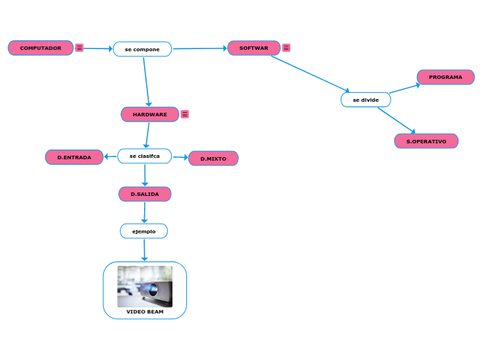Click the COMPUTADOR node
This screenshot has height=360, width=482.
click(40, 48)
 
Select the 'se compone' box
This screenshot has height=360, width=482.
click(142, 49)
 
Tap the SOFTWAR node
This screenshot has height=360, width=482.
click(253, 48)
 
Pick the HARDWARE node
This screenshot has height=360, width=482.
click(150, 114)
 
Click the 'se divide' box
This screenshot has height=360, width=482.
click(366, 100)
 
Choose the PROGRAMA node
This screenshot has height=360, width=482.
click(445, 77)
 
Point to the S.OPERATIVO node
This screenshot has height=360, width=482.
click(426, 141)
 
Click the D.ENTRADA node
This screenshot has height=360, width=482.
click(74, 157)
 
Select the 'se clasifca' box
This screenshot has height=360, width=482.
click(145, 156)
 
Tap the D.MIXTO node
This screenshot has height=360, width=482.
click(213, 159)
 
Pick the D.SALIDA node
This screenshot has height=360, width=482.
click(145, 194)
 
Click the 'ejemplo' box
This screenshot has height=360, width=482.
click(144, 231)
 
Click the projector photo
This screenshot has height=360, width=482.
click(145, 286)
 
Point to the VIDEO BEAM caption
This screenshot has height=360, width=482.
click(145, 312)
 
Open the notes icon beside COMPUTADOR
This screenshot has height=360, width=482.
click(80, 48)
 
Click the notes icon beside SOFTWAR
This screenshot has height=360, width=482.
click(286, 48)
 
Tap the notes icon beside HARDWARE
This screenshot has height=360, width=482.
click(185, 114)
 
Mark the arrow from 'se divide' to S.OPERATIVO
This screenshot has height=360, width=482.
click(396, 120)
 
